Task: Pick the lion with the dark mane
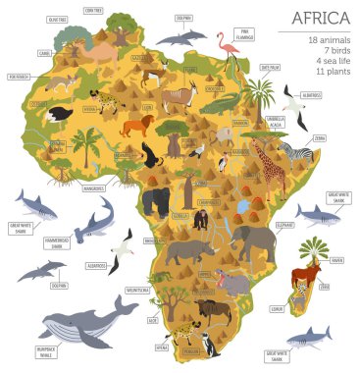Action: pyautogui.click(x=136, y=127)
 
